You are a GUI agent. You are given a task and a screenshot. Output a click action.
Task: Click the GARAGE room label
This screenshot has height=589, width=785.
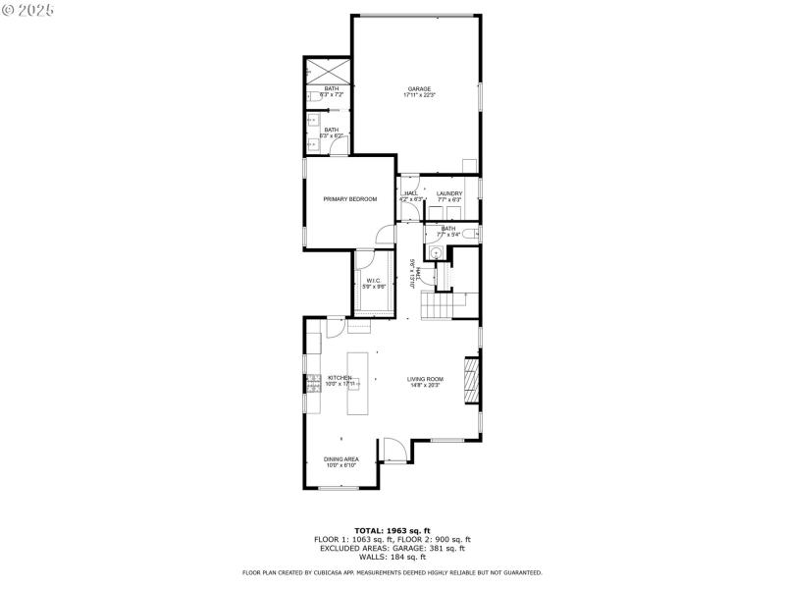418,88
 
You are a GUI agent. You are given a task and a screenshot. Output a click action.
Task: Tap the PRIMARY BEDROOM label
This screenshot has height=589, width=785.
350,199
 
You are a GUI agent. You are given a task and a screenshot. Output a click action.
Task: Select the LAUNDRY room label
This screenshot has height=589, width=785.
449,193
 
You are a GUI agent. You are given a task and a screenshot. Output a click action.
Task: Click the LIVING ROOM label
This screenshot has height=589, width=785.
426,379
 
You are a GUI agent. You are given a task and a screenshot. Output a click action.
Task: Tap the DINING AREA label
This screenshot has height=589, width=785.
341,458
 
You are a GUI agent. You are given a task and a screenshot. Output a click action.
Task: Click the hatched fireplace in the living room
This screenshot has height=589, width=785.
471,381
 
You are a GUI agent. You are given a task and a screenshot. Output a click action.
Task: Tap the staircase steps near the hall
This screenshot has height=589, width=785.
437,306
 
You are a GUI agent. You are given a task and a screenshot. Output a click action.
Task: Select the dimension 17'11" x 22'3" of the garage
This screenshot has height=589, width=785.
419,95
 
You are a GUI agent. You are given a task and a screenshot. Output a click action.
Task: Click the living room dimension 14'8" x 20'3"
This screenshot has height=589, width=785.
426,386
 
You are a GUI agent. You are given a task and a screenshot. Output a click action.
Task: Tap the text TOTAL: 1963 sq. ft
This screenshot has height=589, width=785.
392,530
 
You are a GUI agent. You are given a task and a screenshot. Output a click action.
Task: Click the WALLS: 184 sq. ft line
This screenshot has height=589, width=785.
392,557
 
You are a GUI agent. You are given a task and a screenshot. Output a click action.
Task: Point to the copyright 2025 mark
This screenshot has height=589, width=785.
28,9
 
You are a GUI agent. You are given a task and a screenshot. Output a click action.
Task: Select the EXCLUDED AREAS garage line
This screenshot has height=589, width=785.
392,548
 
